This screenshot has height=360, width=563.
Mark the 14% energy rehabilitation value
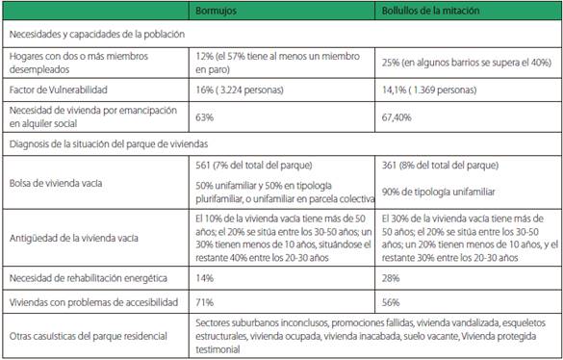coord(204,278)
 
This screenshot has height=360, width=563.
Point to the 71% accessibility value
coord(204,302)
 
